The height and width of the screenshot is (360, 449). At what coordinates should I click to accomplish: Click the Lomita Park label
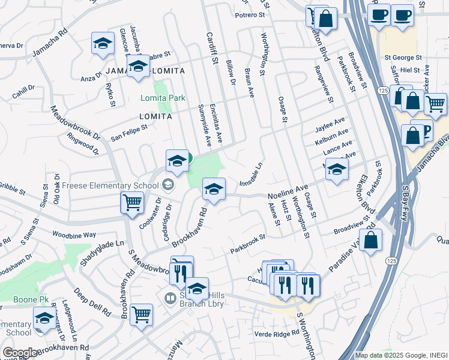(x=162, y=98)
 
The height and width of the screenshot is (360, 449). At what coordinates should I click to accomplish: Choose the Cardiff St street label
(x=211, y=48)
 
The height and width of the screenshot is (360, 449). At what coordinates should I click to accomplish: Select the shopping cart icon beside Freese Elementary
(x=131, y=202)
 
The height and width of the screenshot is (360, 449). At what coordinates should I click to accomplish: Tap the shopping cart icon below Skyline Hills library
(x=141, y=314)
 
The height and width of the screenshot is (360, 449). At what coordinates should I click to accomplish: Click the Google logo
(x=20, y=353)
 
